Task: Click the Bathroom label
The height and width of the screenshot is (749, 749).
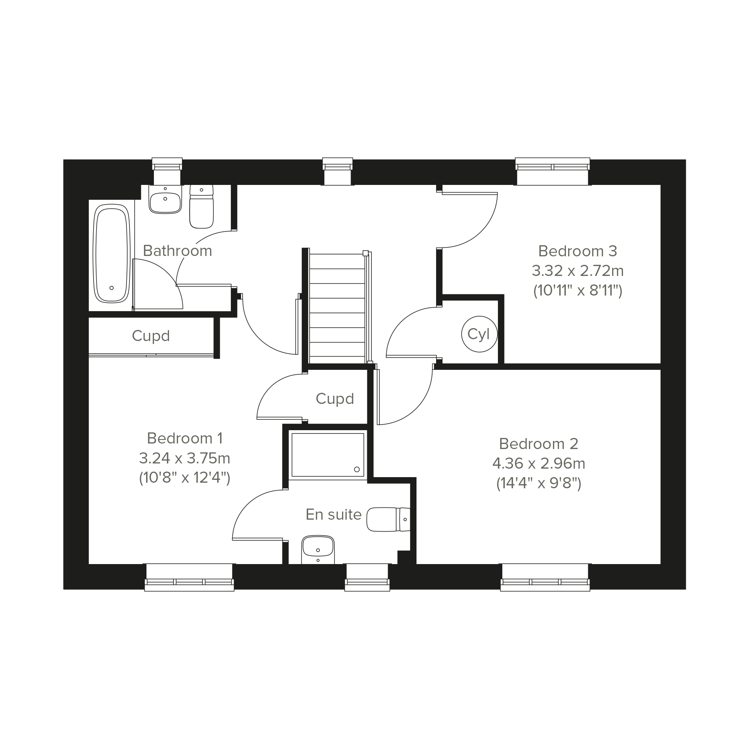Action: pos(178,251)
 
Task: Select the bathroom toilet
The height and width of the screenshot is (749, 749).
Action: pos(201,206)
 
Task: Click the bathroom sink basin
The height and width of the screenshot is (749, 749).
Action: pos(165,199)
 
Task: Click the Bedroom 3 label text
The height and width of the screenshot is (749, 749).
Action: pos(578,251)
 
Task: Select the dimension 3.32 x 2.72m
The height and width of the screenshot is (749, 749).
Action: pos(578,271)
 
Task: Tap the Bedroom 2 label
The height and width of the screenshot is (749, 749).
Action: pos(539,444)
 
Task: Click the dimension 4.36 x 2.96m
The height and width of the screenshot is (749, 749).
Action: pos(539,463)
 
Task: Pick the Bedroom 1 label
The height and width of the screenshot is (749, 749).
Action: pos(185,438)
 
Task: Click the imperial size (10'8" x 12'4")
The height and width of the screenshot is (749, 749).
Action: pos(185,478)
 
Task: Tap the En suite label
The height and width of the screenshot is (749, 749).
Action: pos(333,514)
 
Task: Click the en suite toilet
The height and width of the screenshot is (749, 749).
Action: pos(388,519)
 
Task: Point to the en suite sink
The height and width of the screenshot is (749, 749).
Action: pos(318,549)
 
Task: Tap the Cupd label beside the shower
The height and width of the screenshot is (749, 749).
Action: pos(335,399)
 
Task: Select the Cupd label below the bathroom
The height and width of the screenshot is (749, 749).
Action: pos(151,336)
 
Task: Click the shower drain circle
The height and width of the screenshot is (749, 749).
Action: pos(357,469)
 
